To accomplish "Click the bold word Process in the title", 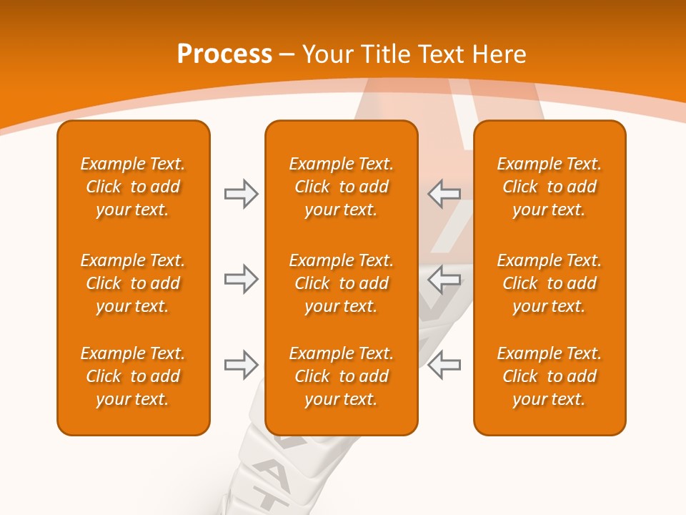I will (224, 54).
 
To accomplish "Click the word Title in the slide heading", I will (386, 54).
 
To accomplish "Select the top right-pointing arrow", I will (241, 194).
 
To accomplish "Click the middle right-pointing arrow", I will (241, 279).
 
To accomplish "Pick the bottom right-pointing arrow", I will (241, 365).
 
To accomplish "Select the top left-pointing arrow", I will (444, 194).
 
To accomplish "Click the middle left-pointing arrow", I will (444, 279).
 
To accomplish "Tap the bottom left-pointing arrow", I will (444, 365).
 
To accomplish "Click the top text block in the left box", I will (133, 187).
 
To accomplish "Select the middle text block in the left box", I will (133, 283).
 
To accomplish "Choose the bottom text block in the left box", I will (133, 376).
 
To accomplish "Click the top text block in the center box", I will (341, 187).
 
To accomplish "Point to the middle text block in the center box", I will (341, 283).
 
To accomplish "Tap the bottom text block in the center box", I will (341, 376).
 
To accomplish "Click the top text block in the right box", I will (549, 187).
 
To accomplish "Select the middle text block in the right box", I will (549, 283).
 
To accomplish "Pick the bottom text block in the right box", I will (549, 376).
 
